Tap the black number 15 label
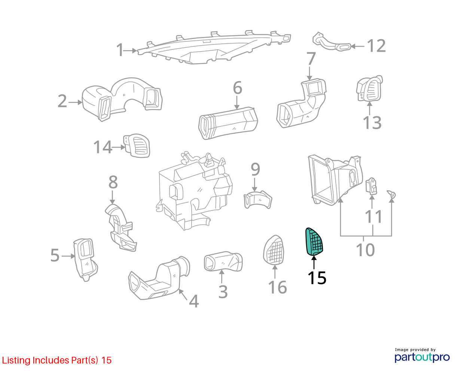pos(317,278)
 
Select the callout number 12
pos(376,46)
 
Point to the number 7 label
pos(311,58)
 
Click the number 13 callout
pos(372,123)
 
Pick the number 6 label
pos(237,88)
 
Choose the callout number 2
pos(62,101)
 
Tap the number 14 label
pos(103,147)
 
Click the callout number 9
pos(255,169)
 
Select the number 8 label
pos(113,182)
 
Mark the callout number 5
pos(55,255)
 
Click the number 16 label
pos(277,287)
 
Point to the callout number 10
pos(365,249)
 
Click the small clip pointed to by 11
pos(371,186)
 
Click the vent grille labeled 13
pos(369,88)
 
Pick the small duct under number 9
pos(257,199)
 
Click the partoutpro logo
pos(422,357)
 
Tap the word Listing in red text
pos(16,361)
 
